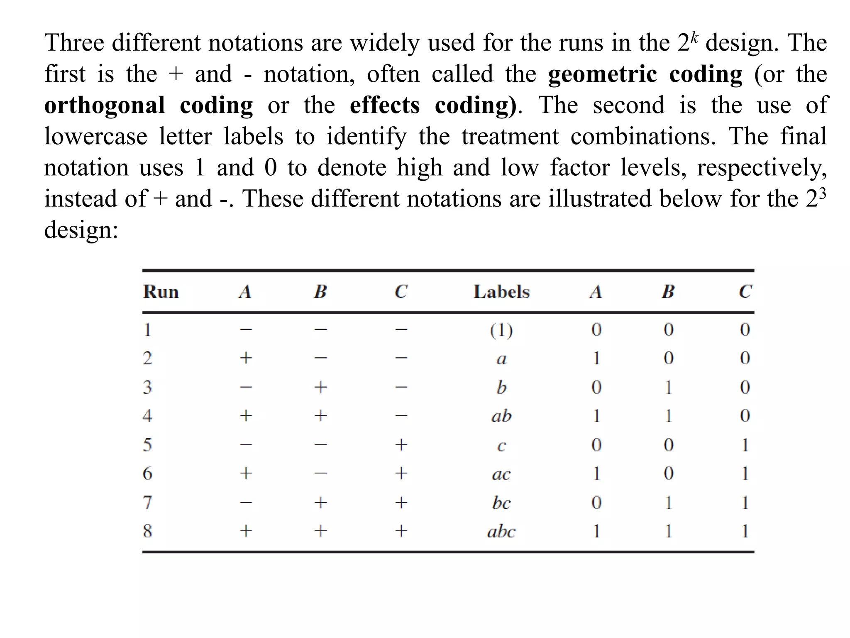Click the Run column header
coord(161,292)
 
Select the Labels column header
coord(501,292)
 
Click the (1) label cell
coord(501,330)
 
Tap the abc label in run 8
coord(501,531)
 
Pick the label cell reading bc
coord(501,503)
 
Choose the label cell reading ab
coord(501,416)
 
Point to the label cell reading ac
coord(501,474)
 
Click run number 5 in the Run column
coord(147,445)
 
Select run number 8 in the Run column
coord(147,531)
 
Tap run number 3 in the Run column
coord(147,387)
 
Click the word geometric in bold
coord(602,75)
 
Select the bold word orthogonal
coord(105,106)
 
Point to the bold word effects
coord(385,105)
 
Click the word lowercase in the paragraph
coord(96,136)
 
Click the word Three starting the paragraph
coord(74,43)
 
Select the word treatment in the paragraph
coord(510,136)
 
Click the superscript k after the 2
coord(695,37)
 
